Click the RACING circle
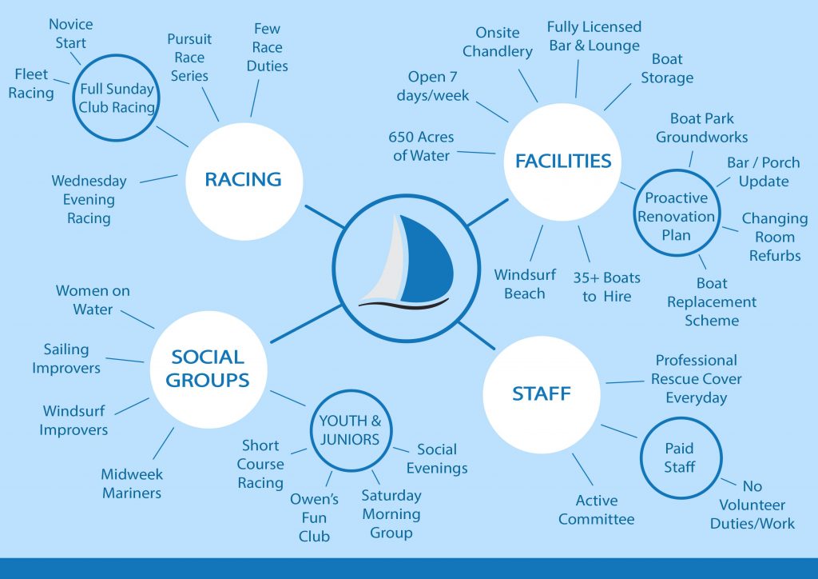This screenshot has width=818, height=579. point(244,180)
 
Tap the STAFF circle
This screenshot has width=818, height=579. point(542,393)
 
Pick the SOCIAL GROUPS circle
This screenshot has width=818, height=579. point(208,369)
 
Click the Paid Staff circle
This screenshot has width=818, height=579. point(679,457)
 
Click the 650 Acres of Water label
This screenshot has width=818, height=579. point(421,146)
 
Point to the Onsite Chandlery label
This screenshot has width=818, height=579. point(497,42)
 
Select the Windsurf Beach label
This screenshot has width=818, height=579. point(524,284)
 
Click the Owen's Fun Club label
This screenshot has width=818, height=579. point(314,518)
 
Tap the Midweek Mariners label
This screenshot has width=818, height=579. point(131,484)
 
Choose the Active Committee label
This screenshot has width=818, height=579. point(597,510)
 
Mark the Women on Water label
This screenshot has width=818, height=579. point(93,300)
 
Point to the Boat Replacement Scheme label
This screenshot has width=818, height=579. point(712,302)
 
